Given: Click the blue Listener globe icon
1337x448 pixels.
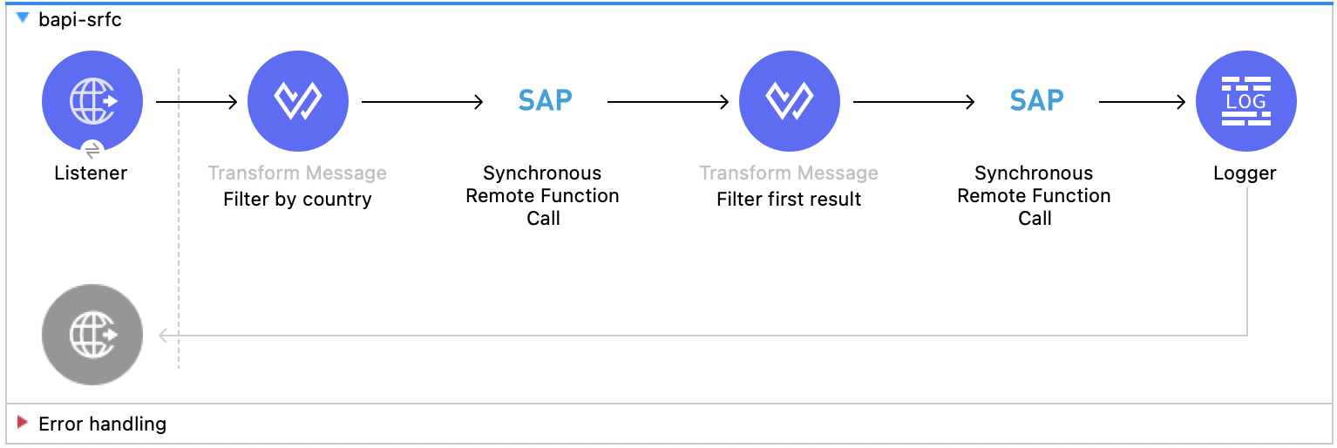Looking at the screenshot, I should tap(92, 101).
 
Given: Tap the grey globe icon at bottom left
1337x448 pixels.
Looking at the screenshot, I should tap(92, 335).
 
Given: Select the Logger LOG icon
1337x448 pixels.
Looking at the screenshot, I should tap(1245, 101).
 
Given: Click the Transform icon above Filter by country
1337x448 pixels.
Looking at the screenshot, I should tap(298, 101).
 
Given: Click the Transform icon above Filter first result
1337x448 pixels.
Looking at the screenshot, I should tap(790, 101).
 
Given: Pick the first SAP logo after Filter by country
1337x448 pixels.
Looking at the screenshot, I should tap(545, 101).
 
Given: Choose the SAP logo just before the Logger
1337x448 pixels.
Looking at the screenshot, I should tap(1036, 101).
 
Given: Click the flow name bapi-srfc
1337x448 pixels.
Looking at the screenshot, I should tap(80, 20).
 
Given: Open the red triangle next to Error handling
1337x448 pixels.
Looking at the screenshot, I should tap(23, 424).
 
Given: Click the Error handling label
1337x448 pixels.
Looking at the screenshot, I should tap(102, 424).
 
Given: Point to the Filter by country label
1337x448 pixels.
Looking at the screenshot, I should tap(297, 200).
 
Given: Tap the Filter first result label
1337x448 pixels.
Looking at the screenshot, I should tap(789, 200).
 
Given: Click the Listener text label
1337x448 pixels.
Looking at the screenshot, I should tap(91, 173).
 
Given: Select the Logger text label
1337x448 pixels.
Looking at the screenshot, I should tap(1245, 173).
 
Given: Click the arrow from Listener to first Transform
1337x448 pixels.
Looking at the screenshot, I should tap(197, 102).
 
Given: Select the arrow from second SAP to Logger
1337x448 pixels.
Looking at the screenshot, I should tap(1142, 102).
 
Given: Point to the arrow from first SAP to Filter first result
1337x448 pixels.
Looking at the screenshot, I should tap(668, 102).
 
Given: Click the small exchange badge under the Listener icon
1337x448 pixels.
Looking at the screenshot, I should tap(93, 148).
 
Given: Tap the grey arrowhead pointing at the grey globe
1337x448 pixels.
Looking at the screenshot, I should tap(163, 335).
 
